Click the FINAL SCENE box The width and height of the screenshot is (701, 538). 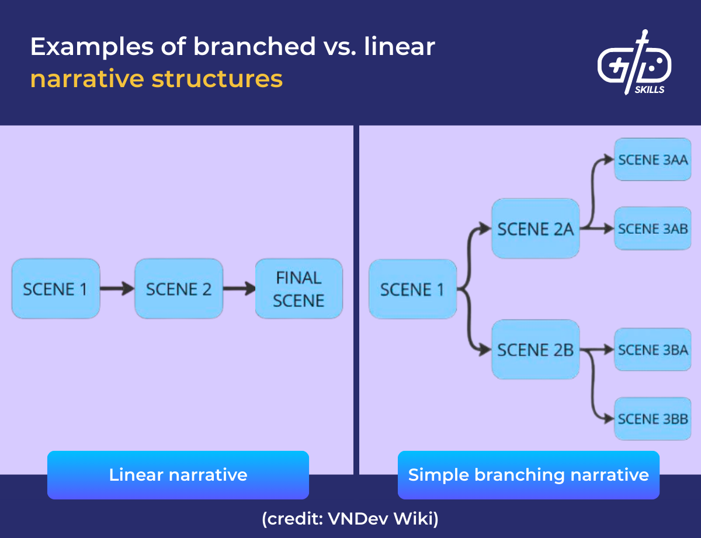pyautogui.click(x=299, y=289)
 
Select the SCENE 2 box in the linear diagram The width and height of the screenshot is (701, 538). pyautogui.click(x=179, y=289)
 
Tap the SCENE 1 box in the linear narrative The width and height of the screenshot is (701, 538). pyautogui.click(x=55, y=289)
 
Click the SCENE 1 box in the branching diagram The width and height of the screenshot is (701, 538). pyautogui.click(x=412, y=289)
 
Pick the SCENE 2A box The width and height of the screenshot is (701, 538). pyautogui.click(x=535, y=229)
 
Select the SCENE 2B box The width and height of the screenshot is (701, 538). pyautogui.click(x=535, y=350)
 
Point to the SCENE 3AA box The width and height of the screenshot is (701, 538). pyautogui.click(x=653, y=160)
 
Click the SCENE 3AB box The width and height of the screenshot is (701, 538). pyautogui.click(x=653, y=229)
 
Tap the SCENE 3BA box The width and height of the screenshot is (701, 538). pyautogui.click(x=653, y=350)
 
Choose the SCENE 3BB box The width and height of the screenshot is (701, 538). pyautogui.click(x=653, y=419)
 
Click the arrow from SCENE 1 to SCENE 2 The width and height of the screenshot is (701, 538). pyautogui.click(x=117, y=289)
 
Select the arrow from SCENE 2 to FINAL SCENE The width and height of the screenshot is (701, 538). pyautogui.click(x=239, y=289)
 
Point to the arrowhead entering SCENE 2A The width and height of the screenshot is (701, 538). pyautogui.click(x=485, y=229)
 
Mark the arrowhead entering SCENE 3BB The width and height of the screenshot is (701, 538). pyautogui.click(x=609, y=419)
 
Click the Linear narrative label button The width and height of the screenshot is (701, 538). pyautogui.click(x=178, y=475)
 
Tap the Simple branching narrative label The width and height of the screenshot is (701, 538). pyautogui.click(x=528, y=475)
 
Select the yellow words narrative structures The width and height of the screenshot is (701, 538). pyautogui.click(x=157, y=79)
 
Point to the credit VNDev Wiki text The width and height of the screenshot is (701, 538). pyautogui.click(x=350, y=518)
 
